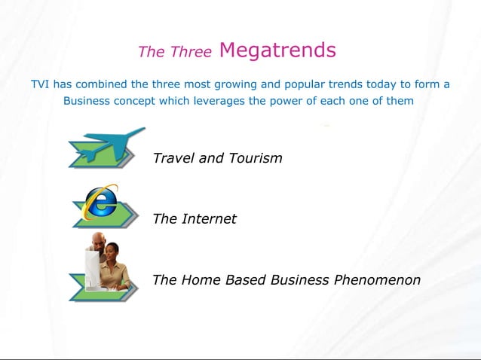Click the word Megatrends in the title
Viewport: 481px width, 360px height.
tap(277, 50)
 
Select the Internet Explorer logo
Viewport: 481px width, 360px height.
tap(100, 202)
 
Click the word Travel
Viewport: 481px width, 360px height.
tap(173, 158)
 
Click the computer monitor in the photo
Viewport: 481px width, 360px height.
tap(93, 268)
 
